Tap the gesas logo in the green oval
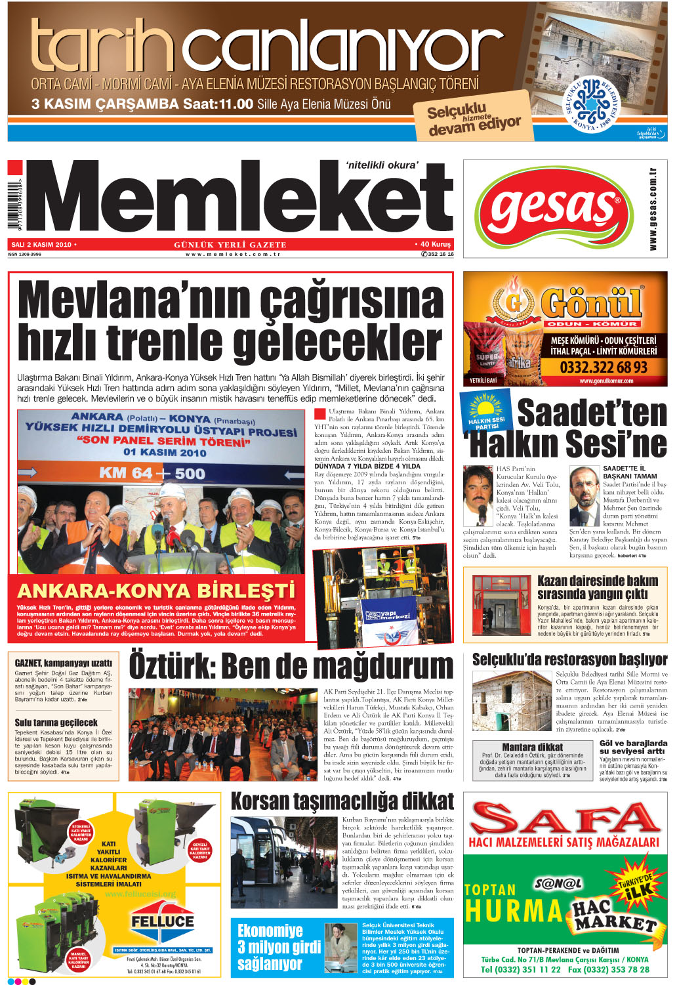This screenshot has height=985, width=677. click(x=555, y=208)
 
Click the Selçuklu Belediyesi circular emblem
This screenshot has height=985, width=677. click(x=594, y=105)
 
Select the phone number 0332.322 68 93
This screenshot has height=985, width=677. click(x=603, y=367)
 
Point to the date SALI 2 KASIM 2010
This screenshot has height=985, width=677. click(x=41, y=245)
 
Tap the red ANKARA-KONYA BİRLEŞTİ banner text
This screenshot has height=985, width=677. click(x=155, y=591)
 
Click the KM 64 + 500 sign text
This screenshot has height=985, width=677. click(x=152, y=473)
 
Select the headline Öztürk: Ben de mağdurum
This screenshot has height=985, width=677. click(x=291, y=666)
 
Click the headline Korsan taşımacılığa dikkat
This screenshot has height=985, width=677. click(x=342, y=801)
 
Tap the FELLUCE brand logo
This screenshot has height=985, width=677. click(x=162, y=921)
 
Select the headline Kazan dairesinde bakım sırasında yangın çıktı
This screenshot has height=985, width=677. click(x=597, y=587)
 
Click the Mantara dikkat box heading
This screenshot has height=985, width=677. click(x=532, y=747)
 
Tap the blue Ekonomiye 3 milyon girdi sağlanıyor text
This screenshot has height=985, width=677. click(x=270, y=947)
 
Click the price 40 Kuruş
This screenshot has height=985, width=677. click(x=435, y=244)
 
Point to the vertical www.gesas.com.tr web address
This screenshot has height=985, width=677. click(x=653, y=209)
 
